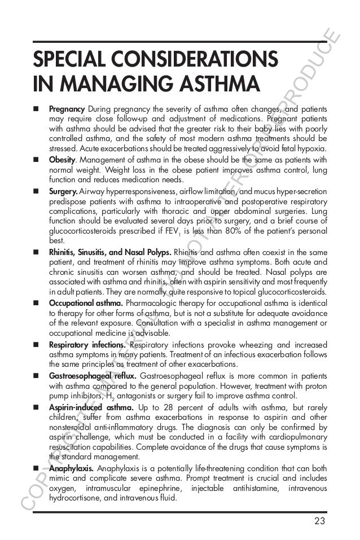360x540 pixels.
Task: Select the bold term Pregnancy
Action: [67, 108]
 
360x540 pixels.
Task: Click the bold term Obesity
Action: [63, 159]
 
